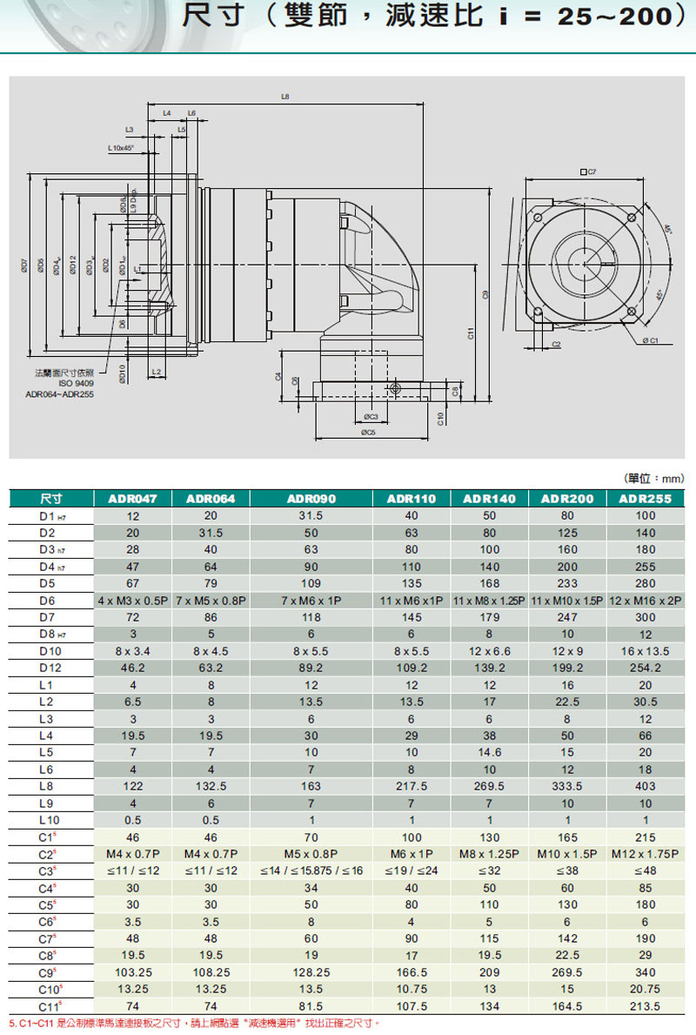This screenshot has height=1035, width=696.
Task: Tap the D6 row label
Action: coord(47,601)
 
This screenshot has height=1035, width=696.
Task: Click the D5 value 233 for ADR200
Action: coord(567,584)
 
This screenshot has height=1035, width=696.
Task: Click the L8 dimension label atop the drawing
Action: coord(285,96)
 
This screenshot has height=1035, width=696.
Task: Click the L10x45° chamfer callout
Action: coord(121,148)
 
